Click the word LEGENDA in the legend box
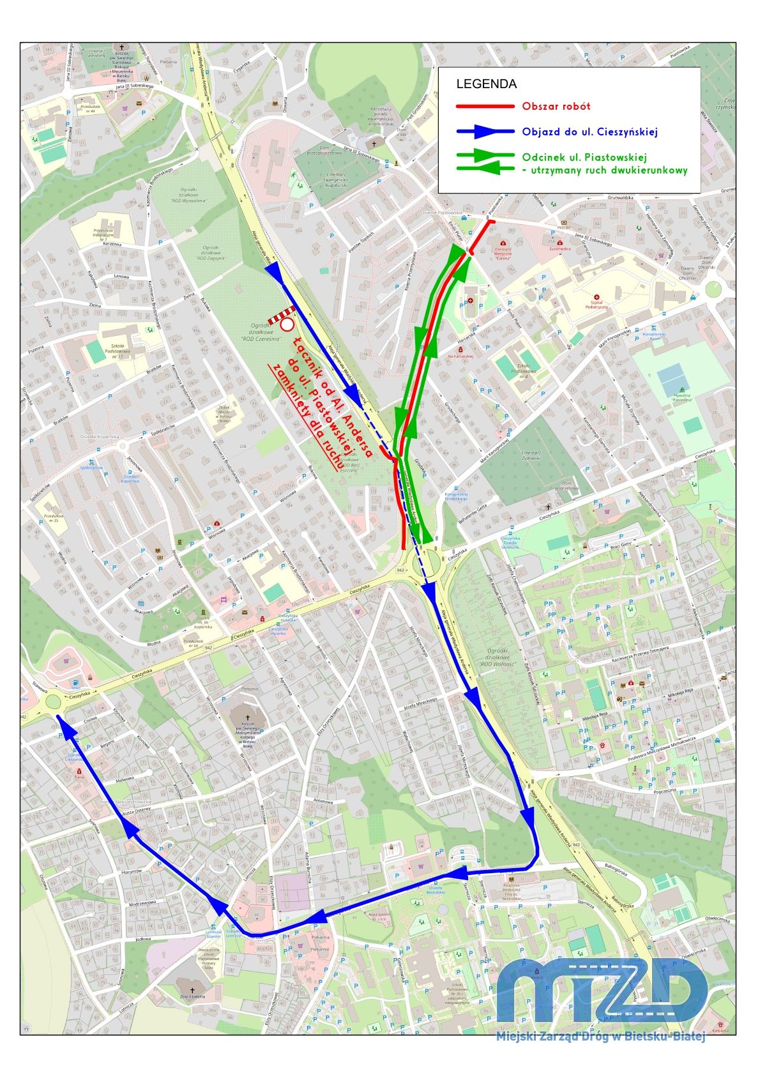(486, 84)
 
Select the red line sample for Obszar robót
(485, 107)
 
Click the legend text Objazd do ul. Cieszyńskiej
(589, 132)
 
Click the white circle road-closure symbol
(287, 325)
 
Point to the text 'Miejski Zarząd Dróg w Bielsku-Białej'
(600, 1036)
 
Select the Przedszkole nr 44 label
(84, 109)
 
